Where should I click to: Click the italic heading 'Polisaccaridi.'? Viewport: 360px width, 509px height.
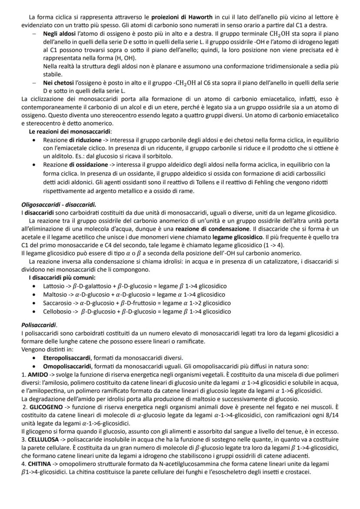tap(40, 324)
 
